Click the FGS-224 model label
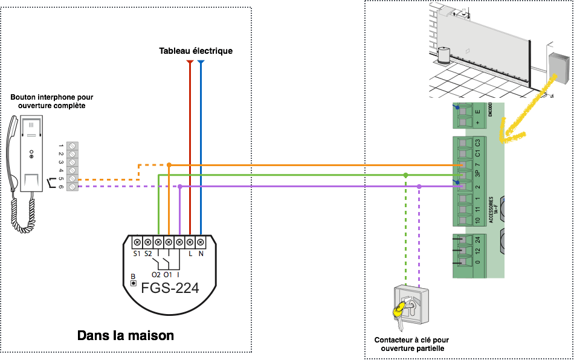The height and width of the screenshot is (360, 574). point(169,288)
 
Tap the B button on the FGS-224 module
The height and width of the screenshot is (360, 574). point(133,282)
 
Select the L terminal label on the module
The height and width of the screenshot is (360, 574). point(190,254)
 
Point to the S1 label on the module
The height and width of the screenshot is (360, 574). point(137,254)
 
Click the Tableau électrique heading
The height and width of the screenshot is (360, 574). point(196,51)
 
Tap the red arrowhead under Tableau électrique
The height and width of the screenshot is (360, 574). point(190,62)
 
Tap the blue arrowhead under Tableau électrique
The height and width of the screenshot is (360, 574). point(201,62)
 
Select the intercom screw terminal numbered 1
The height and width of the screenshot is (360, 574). point(73,146)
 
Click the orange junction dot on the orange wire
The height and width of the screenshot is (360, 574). point(169,164)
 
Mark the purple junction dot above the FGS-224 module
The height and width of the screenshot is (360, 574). point(180,187)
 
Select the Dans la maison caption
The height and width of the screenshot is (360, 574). point(126,335)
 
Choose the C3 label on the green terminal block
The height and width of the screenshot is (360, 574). point(477,143)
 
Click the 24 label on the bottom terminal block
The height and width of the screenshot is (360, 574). point(477,240)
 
